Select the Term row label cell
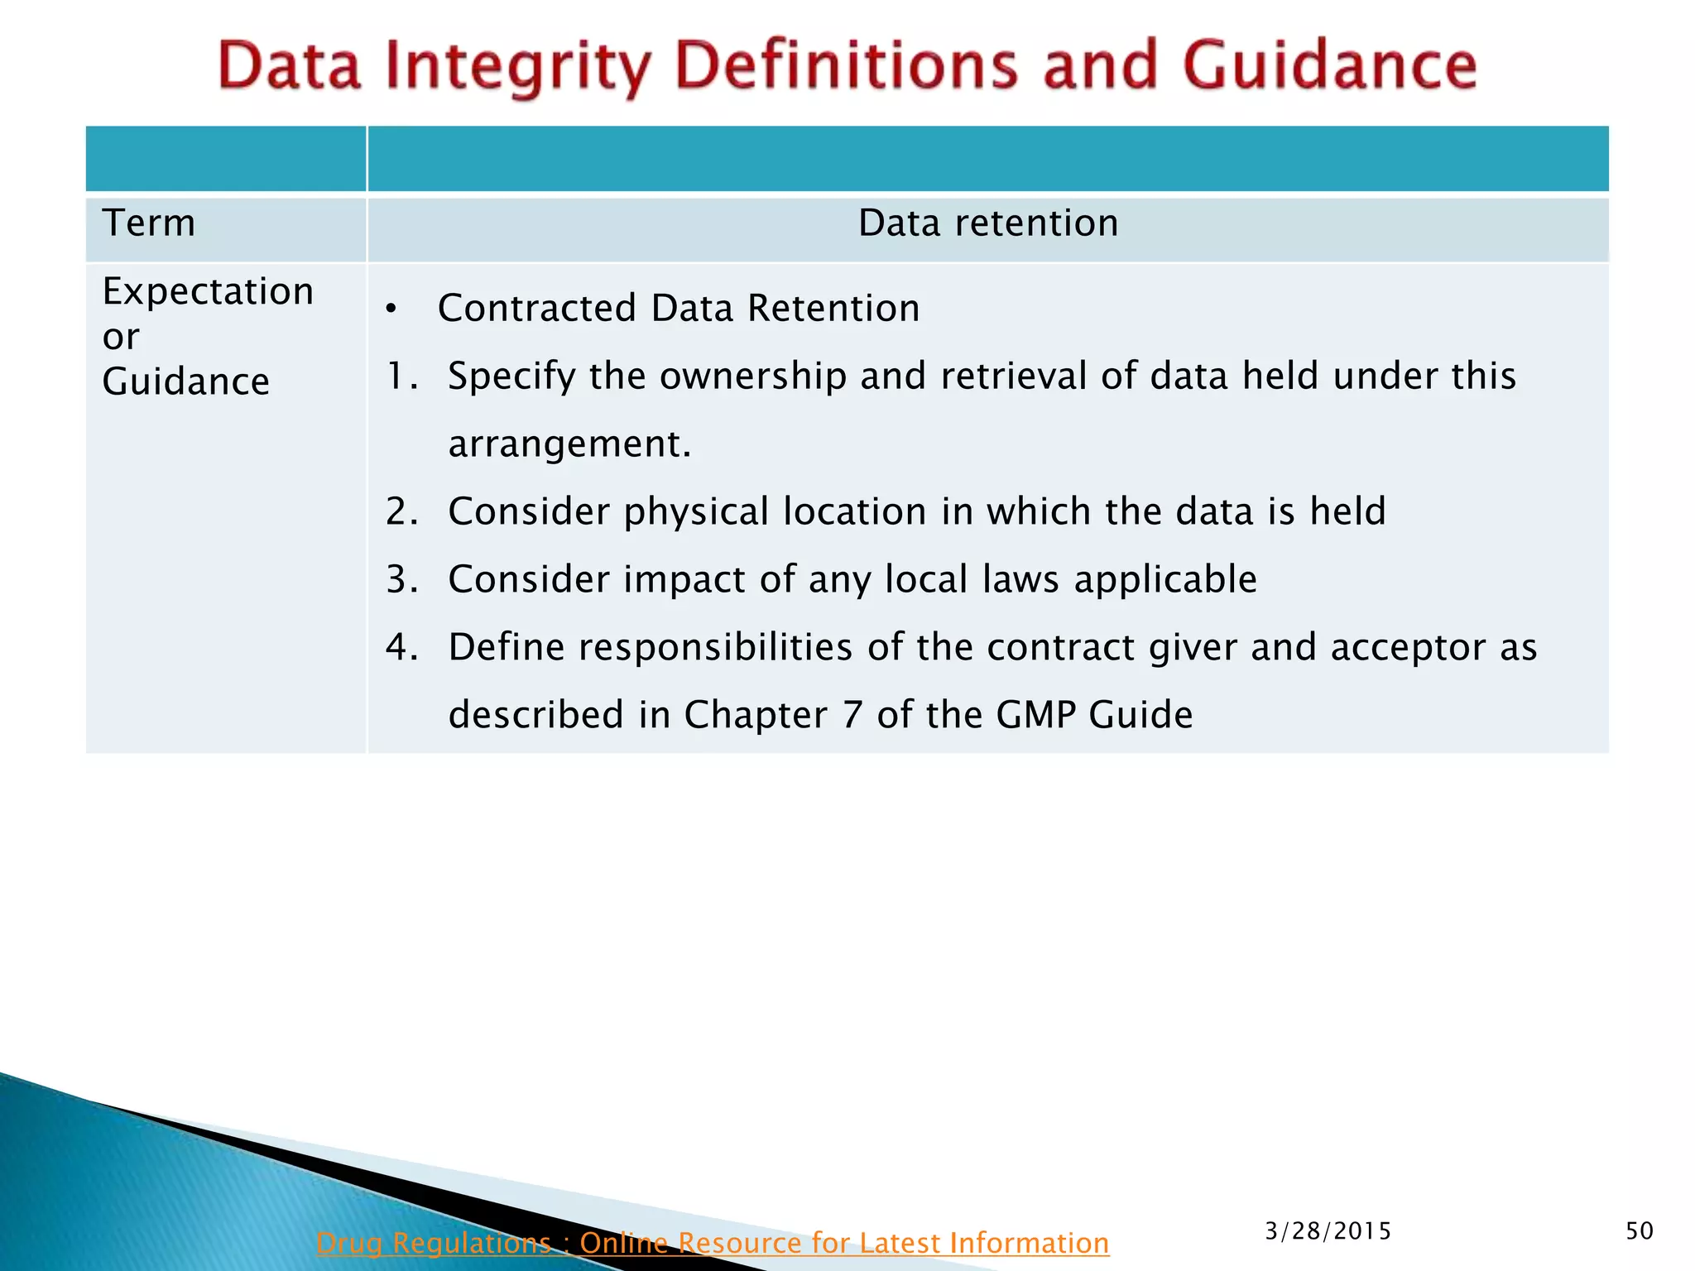pos(149,223)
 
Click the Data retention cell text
pos(988,223)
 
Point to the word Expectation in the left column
pos(208,292)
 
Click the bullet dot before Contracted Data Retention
pos(391,310)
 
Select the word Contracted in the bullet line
pos(537,309)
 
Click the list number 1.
pos(400,377)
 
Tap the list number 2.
pos(401,512)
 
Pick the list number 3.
pos(401,580)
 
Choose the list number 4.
pos(401,648)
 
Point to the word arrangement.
pos(569,445)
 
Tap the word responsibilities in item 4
pos(715,648)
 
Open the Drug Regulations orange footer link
pos(712,1243)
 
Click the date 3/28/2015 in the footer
pos(1328,1231)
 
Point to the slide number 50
pos(1639,1231)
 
